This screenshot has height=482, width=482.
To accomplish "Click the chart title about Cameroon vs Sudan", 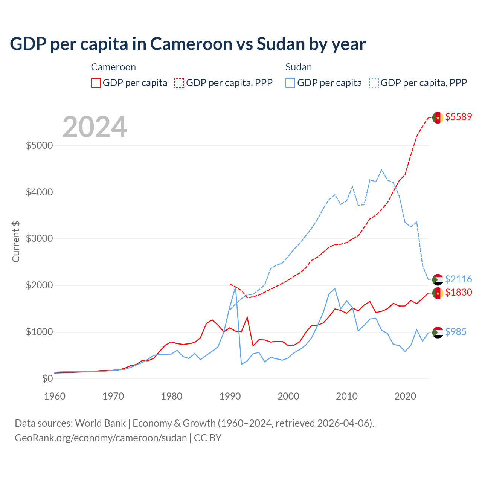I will (x=188, y=44).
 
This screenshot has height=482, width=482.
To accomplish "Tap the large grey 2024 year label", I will (x=95, y=127).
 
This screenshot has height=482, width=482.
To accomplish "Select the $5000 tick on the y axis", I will (x=39, y=145).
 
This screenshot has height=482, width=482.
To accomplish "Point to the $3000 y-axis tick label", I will (x=39, y=239).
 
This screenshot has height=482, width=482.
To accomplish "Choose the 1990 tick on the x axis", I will (x=230, y=396).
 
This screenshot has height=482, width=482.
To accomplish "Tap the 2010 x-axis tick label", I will (x=347, y=396).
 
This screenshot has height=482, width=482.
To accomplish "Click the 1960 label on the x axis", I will (x=55, y=396).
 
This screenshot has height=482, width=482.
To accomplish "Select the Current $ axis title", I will (x=16, y=242).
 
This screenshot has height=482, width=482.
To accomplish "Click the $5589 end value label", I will (x=458, y=117).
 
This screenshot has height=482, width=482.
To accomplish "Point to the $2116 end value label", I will (x=458, y=279).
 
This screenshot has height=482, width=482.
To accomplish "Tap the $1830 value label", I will (x=458, y=292).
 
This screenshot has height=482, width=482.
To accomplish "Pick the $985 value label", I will (x=456, y=332).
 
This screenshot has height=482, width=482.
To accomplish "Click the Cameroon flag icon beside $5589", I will (x=438, y=117).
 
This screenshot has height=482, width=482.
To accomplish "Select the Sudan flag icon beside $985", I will (x=438, y=333).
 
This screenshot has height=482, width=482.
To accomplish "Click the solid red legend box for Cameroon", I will (x=96, y=83).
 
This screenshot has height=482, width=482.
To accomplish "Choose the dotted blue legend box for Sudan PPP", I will (x=374, y=83).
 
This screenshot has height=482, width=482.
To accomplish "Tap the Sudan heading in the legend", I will (x=299, y=67).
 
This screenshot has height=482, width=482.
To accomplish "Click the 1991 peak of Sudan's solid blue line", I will (x=235, y=287).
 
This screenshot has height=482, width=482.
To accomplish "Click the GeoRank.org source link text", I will (x=101, y=438).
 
